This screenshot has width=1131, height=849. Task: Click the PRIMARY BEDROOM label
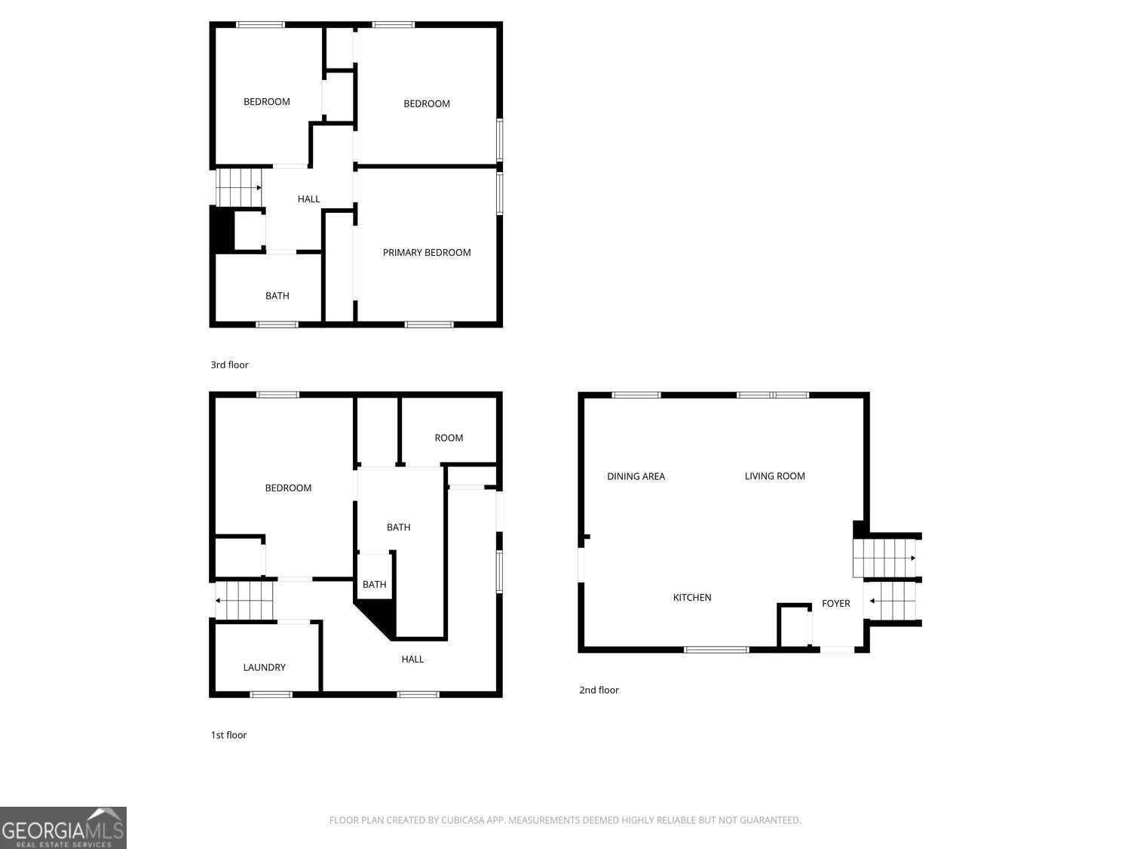coord(427,253)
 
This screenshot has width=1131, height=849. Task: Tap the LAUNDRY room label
coord(264,667)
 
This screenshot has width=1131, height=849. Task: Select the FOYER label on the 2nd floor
coord(835,604)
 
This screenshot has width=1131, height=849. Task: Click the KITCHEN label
coord(692,598)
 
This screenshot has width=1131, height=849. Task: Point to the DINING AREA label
coord(636,476)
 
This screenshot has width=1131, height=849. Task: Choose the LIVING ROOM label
coord(774,476)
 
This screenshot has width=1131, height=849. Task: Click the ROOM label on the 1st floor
coord(449,438)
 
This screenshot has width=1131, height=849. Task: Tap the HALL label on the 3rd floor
coord(308,199)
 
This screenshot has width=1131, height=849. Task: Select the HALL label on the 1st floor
coord(412,660)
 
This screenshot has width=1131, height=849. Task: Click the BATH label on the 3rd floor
coord(277,296)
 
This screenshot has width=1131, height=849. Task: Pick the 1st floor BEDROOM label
coord(288,488)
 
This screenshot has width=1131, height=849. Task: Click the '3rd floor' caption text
coord(229,365)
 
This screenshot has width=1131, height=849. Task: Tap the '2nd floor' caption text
coord(599,690)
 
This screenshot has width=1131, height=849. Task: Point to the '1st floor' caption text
coord(228,735)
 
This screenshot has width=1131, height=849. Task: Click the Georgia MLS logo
coord(63,828)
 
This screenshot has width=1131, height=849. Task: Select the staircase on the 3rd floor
coord(239,187)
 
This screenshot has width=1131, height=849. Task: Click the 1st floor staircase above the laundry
coord(244,600)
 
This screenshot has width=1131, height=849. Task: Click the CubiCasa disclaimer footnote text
coord(565,820)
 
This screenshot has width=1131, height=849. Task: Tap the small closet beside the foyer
coord(793,626)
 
